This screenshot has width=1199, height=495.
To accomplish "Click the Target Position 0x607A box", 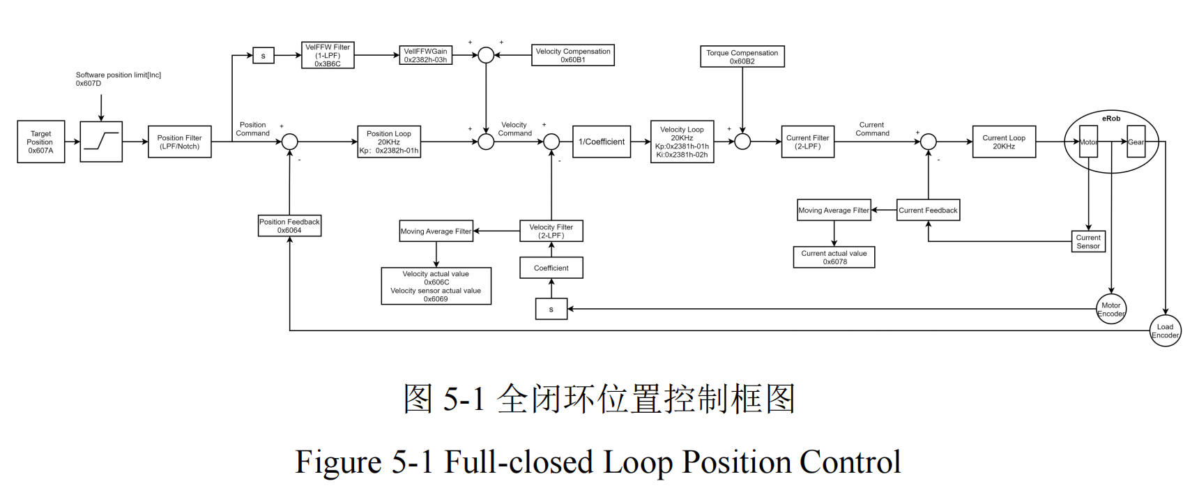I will pyautogui.click(x=40, y=142).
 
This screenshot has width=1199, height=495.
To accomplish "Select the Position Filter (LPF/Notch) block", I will pyautogui.click(x=179, y=142).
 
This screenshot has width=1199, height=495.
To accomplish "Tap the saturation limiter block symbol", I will pyautogui.click(x=101, y=142).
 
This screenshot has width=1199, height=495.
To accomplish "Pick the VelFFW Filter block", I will pyautogui.click(x=328, y=56).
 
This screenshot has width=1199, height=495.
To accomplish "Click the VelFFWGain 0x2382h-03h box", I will pyautogui.click(x=425, y=56).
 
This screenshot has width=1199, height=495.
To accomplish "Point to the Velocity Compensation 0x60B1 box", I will pyautogui.click(x=572, y=56).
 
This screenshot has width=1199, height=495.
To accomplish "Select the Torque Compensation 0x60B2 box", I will pyautogui.click(x=742, y=57).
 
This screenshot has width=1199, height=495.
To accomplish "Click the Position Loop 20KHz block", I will pyautogui.click(x=389, y=142).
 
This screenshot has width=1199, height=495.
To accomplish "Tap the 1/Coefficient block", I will pyautogui.click(x=601, y=142).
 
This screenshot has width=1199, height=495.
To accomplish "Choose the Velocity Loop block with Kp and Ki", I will pyautogui.click(x=682, y=142).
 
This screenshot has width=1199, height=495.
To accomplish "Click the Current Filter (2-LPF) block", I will pyautogui.click(x=807, y=142).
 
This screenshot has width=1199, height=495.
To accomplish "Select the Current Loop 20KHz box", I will pyautogui.click(x=1003, y=142).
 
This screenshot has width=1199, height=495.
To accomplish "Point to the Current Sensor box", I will pyautogui.click(x=1087, y=242).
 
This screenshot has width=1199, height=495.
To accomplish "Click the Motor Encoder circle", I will pyautogui.click(x=1110, y=310).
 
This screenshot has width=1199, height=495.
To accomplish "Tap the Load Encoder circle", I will pyautogui.click(x=1165, y=331).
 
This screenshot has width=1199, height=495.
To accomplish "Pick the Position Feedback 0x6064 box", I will pyautogui.click(x=289, y=226).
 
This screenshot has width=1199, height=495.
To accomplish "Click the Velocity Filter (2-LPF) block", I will pyautogui.click(x=551, y=231).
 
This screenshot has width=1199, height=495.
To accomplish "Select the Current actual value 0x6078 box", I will pyautogui.click(x=834, y=258).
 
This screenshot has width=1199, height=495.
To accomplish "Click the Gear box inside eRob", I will pyautogui.click(x=1136, y=142).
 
